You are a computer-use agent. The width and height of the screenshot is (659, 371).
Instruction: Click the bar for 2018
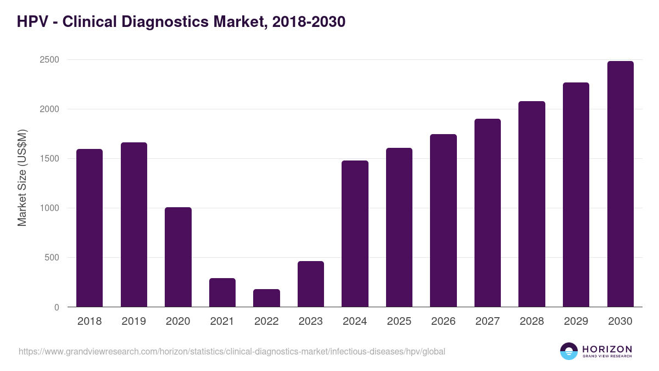pos(90,228)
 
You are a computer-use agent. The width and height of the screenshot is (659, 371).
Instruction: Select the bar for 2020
pos(178,257)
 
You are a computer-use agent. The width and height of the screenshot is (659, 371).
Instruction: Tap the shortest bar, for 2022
pos(266,298)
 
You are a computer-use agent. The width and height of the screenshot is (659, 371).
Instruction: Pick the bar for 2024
pos(355,234)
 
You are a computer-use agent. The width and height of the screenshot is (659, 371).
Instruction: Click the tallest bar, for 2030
pos(620,184)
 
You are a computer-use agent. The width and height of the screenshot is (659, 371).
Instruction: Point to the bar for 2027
pos(488,213)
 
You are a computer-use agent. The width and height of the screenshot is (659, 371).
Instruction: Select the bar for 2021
pos(222,292)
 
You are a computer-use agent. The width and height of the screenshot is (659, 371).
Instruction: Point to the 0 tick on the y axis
pos(56,307)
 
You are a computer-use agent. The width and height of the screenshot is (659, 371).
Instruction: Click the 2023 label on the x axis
pos(310,322)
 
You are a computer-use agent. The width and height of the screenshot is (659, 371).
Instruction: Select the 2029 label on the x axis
pos(576,322)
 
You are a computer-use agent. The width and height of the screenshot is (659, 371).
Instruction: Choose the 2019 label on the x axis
pos(133,322)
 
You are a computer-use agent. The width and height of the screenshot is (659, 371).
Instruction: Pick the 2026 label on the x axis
pos(443,322)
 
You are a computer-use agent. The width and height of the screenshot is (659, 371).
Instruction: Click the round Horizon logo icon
pos(568,351)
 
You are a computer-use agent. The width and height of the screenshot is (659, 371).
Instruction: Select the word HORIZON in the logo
pos(607,348)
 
